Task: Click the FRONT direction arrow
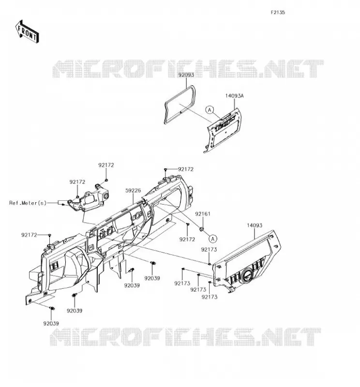pos(27,31)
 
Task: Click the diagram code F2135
pos(278,13)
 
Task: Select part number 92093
pos(186,74)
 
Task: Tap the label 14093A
pos(234,96)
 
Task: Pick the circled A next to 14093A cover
pos(210,110)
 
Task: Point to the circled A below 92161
pos(213,238)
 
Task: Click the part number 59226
pos(133,191)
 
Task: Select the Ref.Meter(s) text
pos(28,203)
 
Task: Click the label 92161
pos(203,214)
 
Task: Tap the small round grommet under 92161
pos(202,229)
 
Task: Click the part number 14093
pos(255,225)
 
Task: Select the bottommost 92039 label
pos(51,323)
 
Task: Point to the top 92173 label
pos(209,250)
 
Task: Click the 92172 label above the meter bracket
pos(106,165)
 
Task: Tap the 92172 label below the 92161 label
pos(187,239)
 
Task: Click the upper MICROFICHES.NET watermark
pos(188,69)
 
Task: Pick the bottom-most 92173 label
pos(210,297)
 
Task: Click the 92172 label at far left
pos(29,235)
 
